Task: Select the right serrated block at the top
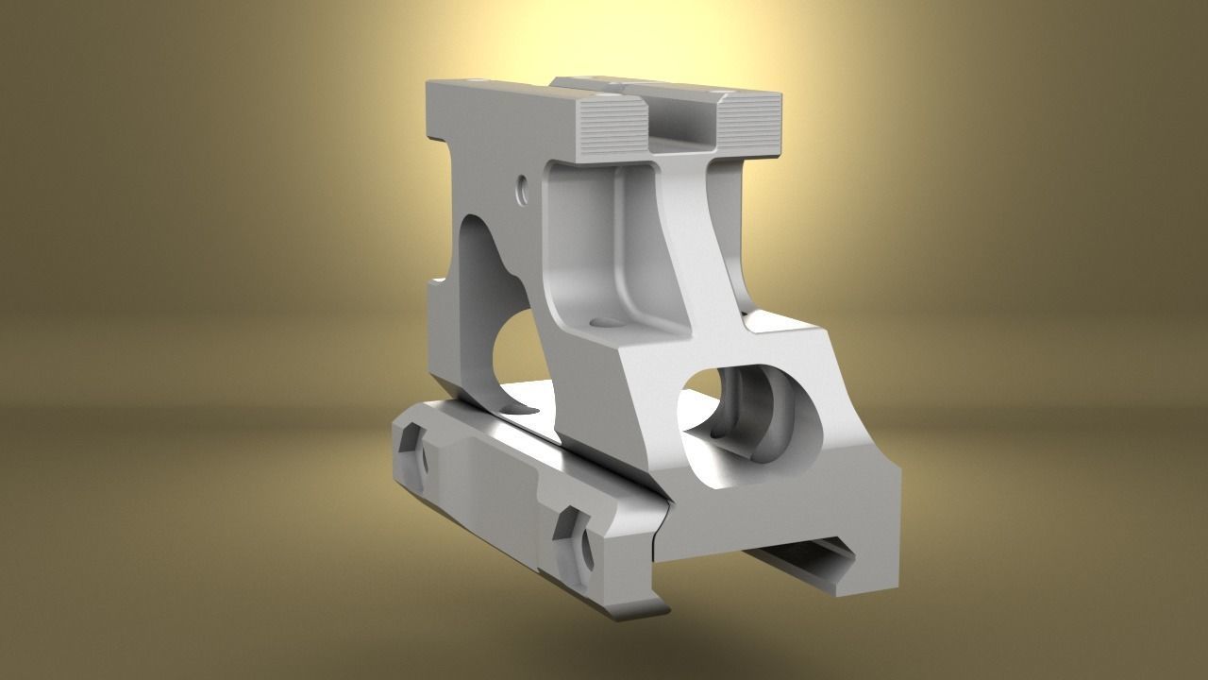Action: (x=749, y=127)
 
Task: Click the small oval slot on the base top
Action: (x=514, y=408)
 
